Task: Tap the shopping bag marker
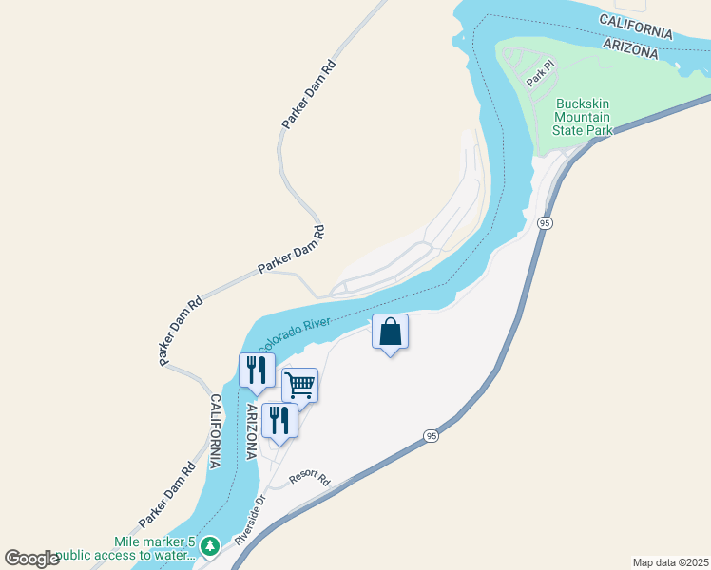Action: pyautogui.click(x=390, y=332)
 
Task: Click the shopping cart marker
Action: pyautogui.click(x=299, y=386)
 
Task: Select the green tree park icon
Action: pyautogui.click(x=210, y=546)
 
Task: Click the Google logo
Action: pyautogui.click(x=32, y=559)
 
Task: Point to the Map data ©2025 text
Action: pyautogui.click(x=669, y=562)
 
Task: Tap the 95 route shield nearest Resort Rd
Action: pyautogui.click(x=432, y=436)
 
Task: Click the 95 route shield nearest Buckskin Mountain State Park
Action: pyautogui.click(x=544, y=222)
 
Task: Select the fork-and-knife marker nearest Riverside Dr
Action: pyautogui.click(x=279, y=420)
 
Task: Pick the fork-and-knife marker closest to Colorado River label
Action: pyautogui.click(x=255, y=370)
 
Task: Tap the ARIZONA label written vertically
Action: pyautogui.click(x=252, y=430)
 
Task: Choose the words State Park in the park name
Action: pyautogui.click(x=585, y=129)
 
